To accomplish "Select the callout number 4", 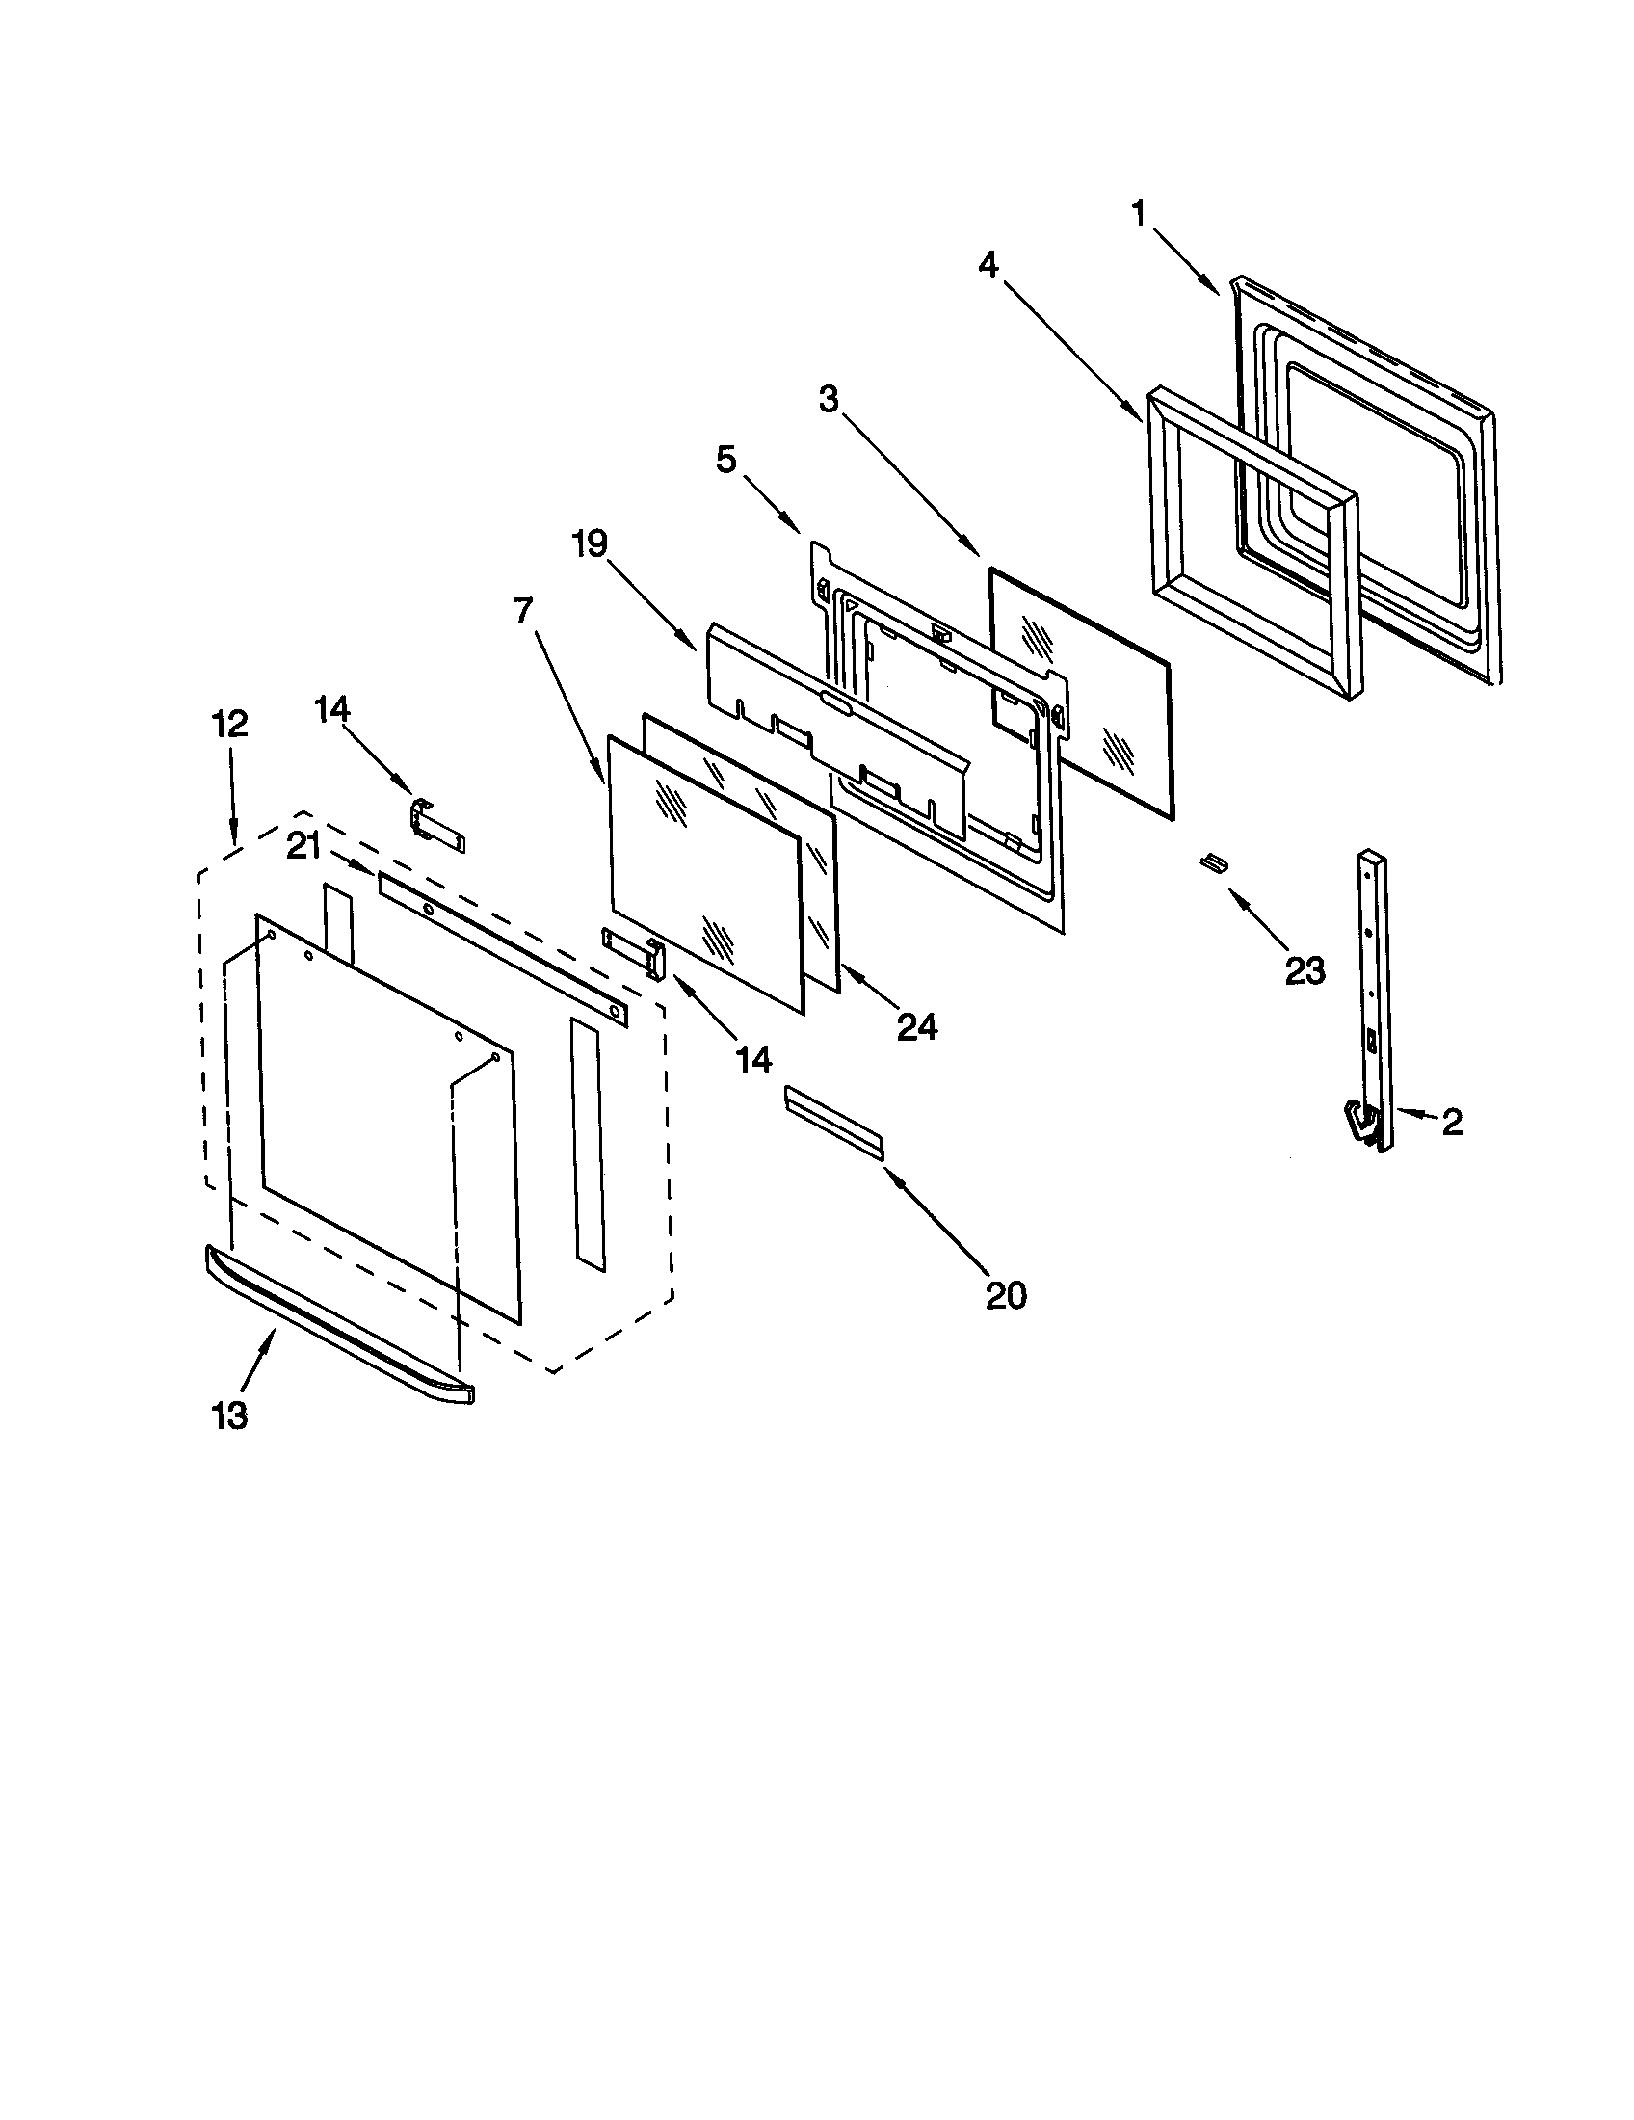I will [x=988, y=264].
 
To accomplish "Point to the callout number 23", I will [x=1305, y=968].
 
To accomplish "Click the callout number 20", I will [x=1005, y=1294].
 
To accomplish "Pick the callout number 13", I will [x=230, y=1417].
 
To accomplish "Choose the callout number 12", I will [x=232, y=724].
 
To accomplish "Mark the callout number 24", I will [x=917, y=1026].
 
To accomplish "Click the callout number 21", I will [x=303, y=847].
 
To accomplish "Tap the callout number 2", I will [x=1452, y=1122].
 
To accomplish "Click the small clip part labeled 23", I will [x=1213, y=862].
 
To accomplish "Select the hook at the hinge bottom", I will [x=1359, y=1122].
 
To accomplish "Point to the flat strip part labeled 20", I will [x=834, y=1122].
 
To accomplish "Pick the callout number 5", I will [x=725, y=460].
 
